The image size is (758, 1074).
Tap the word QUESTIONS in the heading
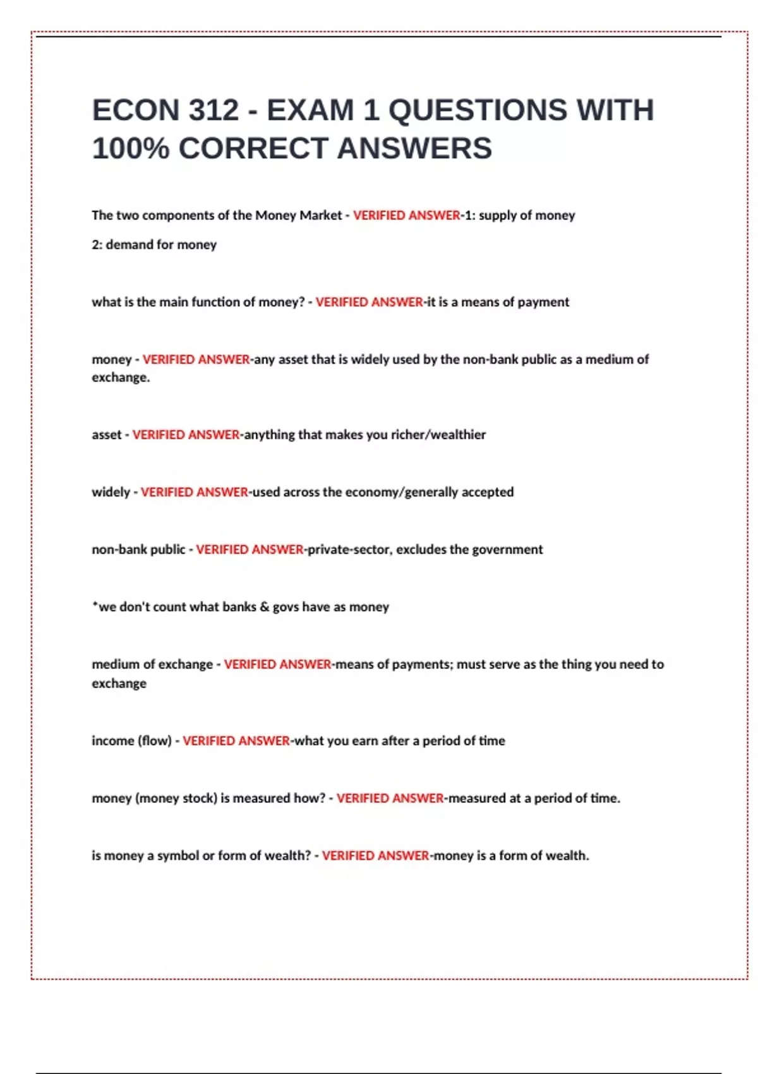click(x=478, y=111)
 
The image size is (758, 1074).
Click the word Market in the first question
click(x=320, y=215)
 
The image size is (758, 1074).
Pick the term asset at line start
click(x=106, y=435)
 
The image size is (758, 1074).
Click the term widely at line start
click(x=111, y=492)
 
